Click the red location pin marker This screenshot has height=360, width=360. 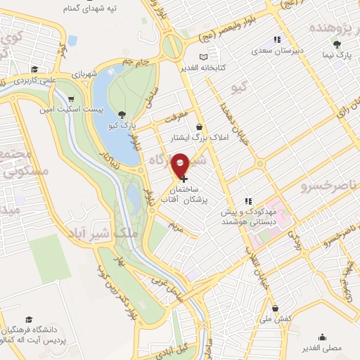point(181,165)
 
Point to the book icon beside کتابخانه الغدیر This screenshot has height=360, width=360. point(204,57)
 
